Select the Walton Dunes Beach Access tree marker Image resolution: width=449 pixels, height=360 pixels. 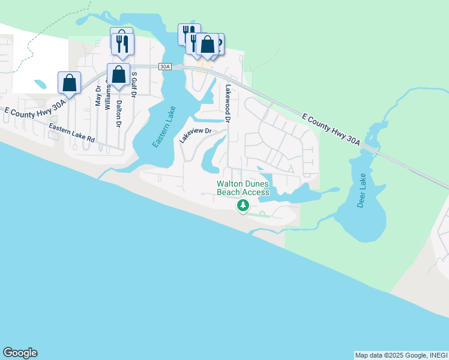[x=243, y=206]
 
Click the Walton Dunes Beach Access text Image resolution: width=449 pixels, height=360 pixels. [x=243, y=188]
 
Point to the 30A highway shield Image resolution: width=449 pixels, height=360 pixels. [x=165, y=67]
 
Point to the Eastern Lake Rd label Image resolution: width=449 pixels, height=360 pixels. [x=72, y=133]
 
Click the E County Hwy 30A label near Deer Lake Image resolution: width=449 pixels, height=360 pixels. [x=331, y=129]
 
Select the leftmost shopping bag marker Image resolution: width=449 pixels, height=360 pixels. [x=69, y=82]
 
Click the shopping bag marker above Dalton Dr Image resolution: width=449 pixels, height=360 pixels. [x=118, y=74]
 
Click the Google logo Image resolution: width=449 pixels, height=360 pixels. [x=20, y=353]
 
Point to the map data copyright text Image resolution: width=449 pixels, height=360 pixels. [x=400, y=355]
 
